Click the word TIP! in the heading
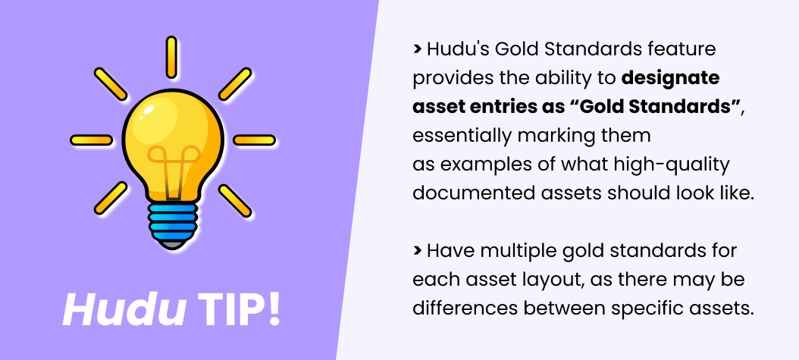(239, 310)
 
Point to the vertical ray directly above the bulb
(172, 57)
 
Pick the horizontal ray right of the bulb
(253, 140)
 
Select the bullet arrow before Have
(417, 250)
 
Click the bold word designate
(670, 78)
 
